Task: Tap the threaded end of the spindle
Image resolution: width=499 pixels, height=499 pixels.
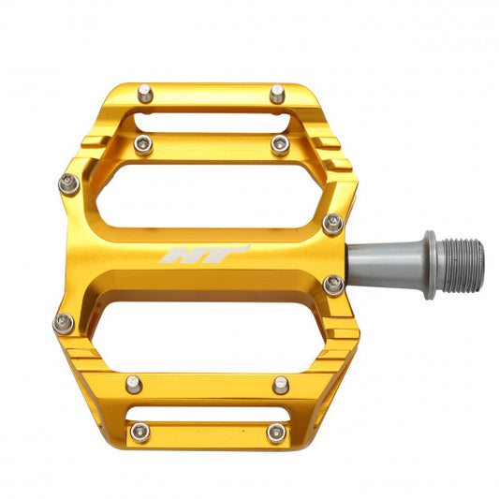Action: pos(462,263)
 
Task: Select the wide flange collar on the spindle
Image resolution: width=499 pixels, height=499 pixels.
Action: pos(429,264)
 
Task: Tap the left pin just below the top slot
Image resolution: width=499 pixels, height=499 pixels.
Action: pos(142,143)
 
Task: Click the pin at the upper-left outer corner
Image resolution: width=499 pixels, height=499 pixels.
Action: pos(68,183)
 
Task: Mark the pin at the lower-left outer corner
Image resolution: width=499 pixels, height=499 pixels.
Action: pos(64,324)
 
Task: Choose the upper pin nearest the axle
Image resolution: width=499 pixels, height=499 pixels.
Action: pos(332,223)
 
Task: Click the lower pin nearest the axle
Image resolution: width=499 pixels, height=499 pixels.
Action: pos(332,286)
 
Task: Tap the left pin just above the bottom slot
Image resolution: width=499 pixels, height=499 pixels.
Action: pos(134,383)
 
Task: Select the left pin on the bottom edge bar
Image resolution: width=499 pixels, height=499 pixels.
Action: pos(140,432)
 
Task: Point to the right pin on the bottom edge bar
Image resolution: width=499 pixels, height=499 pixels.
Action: pos(276,433)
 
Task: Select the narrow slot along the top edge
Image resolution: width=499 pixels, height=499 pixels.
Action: pos(211,119)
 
